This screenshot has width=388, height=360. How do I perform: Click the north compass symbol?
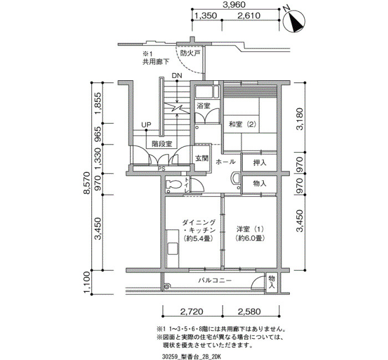[x=294, y=21]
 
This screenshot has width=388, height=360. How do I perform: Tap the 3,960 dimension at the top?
[x=234, y=4]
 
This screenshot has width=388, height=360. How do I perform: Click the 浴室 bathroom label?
[x=203, y=106]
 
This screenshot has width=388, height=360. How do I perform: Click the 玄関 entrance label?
[x=202, y=158]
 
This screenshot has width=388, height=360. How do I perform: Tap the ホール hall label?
[x=225, y=162]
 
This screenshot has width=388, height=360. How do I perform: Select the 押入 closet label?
[x=259, y=162]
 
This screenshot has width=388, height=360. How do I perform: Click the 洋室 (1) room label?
[x=250, y=234]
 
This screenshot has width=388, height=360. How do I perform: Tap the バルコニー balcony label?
[x=215, y=280]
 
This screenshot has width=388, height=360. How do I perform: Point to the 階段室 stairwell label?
[x=162, y=143]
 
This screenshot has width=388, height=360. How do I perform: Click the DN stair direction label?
[x=177, y=76]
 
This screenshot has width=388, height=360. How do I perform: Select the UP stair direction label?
[x=146, y=125]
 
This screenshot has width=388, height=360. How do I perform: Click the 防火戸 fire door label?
[x=190, y=53]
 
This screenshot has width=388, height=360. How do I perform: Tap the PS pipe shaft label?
[x=162, y=169]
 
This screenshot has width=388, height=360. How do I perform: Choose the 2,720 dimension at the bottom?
[x=192, y=311]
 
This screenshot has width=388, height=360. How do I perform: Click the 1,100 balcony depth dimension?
[x=88, y=282]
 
